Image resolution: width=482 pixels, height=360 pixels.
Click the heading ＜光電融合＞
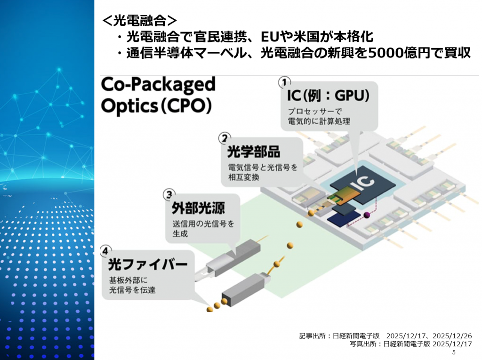pyautogui.click(x=140, y=20)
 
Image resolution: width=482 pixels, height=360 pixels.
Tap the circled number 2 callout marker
pyautogui.click(x=225, y=138)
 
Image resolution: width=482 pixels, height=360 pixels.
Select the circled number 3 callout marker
pyautogui.click(x=169, y=194)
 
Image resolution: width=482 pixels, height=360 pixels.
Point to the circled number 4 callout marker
pyautogui.click(x=107, y=251)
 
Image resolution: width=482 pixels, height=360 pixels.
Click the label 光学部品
pyautogui.click(x=254, y=152)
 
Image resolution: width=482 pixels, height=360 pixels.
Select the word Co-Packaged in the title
pyautogui.click(x=158, y=85)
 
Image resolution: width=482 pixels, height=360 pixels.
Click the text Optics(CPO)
pyautogui.click(x=154, y=106)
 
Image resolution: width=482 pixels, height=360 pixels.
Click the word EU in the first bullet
pyautogui.click(x=271, y=37)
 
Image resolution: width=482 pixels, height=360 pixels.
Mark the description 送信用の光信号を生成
pyautogui.click(x=200, y=228)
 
